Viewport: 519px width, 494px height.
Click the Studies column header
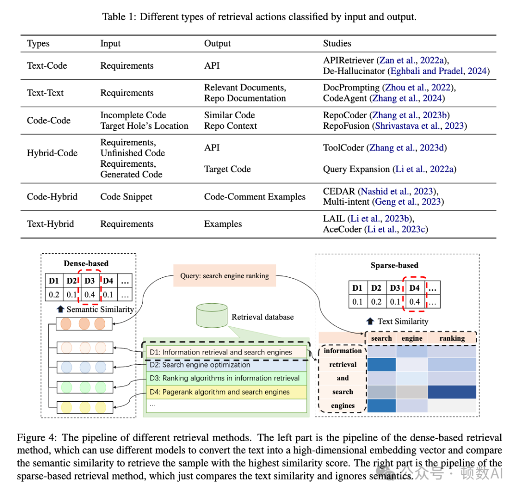point(337,43)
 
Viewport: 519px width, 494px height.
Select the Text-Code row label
point(47,66)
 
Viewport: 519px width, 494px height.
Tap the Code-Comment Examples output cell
point(255,197)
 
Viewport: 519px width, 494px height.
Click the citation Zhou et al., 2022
point(418,87)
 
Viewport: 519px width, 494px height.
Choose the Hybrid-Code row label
point(52,153)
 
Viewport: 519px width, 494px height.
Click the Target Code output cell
point(227,169)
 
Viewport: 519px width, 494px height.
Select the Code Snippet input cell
point(126,197)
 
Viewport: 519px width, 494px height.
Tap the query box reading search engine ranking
point(224,276)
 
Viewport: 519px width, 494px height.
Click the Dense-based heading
point(86,263)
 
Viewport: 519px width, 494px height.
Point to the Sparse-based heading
point(394,265)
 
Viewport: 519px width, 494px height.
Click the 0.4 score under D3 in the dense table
point(89,294)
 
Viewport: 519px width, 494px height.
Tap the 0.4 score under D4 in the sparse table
point(414,302)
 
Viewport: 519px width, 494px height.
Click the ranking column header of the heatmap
point(452,338)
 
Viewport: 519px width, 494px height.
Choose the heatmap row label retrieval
point(343,365)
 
